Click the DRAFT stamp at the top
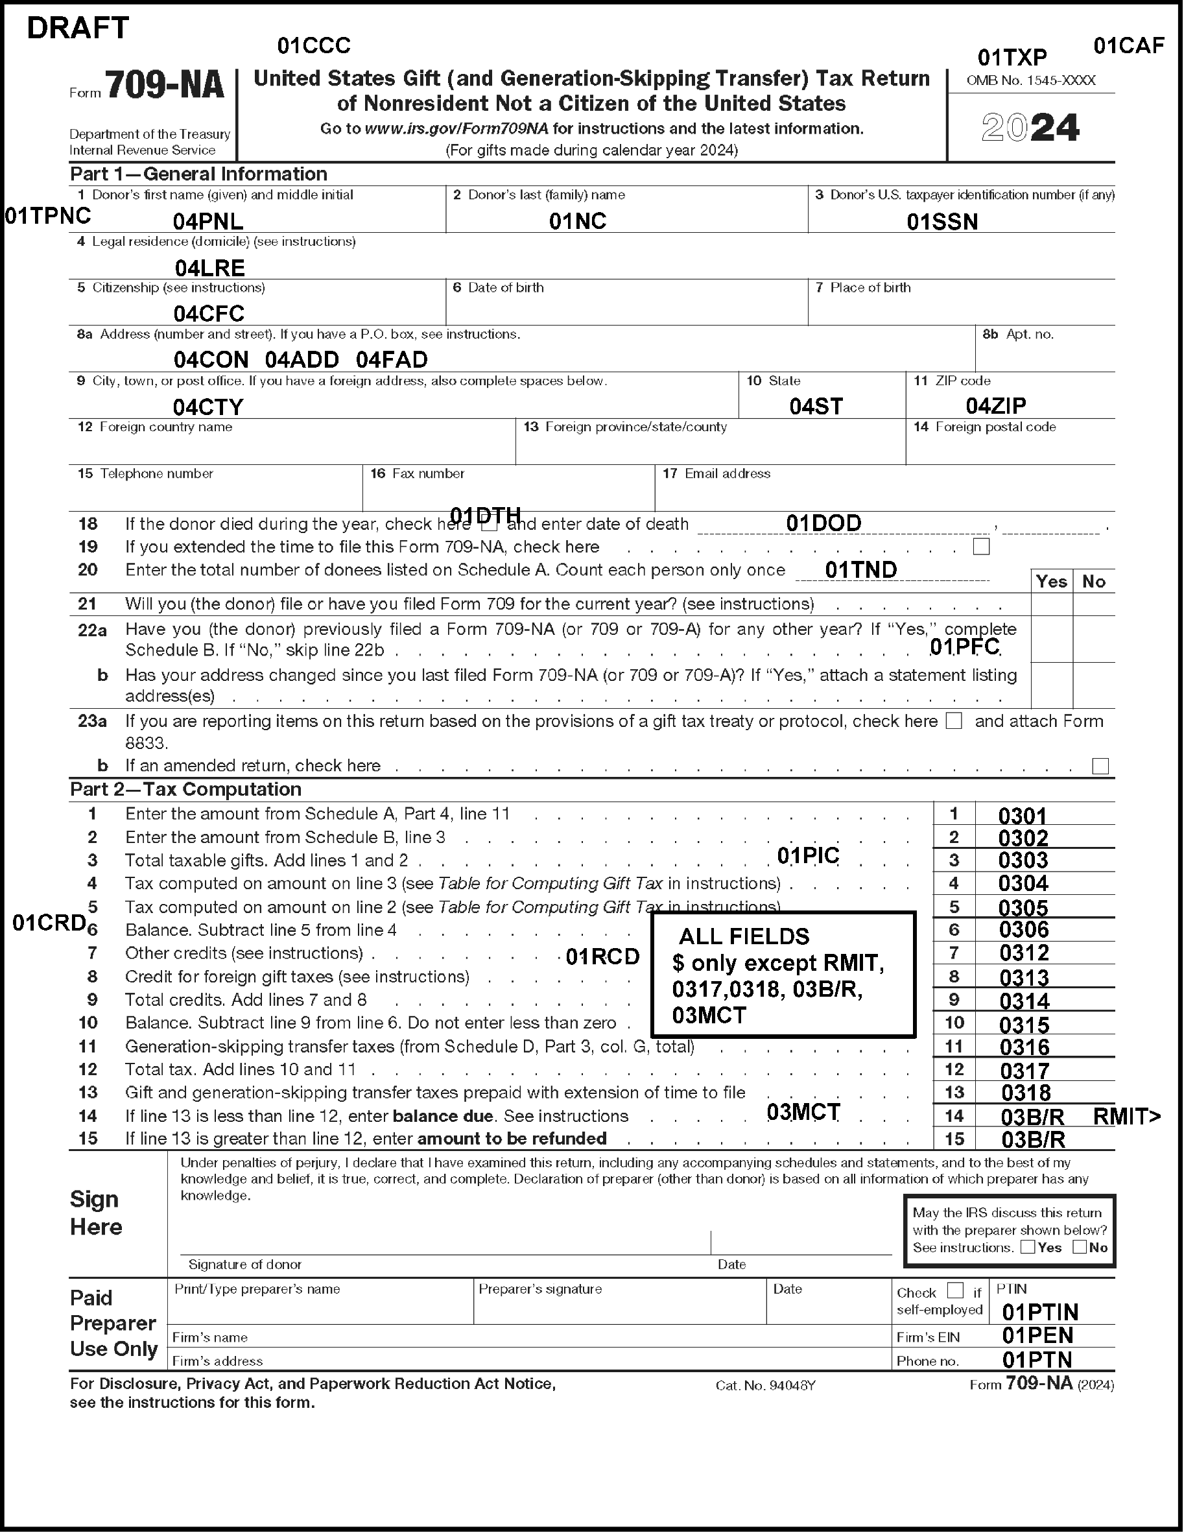[78, 28]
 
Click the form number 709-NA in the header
[164, 86]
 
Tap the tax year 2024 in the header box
[1030, 128]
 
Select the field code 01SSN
[942, 222]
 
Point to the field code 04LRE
[209, 267]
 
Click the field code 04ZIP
[995, 405]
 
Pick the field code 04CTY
[207, 407]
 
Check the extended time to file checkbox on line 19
[981, 546]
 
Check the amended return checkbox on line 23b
[1100, 766]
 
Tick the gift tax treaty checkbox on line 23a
[954, 721]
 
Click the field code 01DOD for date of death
[823, 523]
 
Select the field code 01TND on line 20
[860, 569]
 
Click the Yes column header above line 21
[1050, 581]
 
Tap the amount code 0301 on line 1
[1022, 816]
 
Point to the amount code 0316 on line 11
[1024, 1047]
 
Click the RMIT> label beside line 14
[1126, 1116]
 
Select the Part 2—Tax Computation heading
[185, 789]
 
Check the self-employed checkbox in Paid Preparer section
[955, 1290]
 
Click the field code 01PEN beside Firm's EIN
[1037, 1335]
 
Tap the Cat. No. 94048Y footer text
[765, 1385]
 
